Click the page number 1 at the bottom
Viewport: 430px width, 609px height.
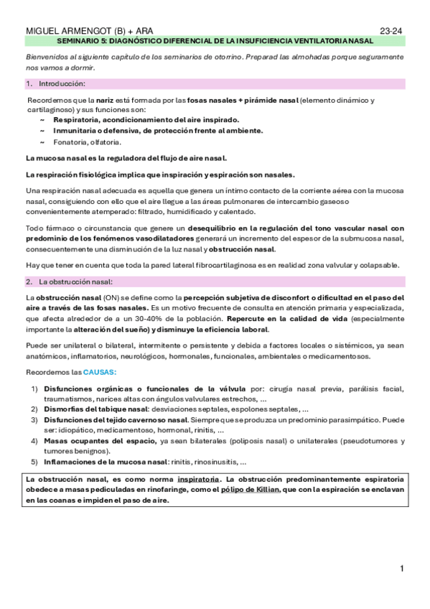coord(403,569)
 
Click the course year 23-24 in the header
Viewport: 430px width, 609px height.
coord(391,32)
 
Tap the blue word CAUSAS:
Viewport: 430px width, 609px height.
coord(100,373)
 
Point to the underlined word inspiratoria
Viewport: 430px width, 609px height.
coord(199,478)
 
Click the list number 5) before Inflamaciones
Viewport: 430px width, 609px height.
coord(34,462)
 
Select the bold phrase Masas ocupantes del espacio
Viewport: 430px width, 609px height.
coord(100,440)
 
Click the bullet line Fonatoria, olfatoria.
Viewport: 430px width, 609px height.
coord(97,142)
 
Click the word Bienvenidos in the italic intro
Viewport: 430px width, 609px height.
coord(48,57)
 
